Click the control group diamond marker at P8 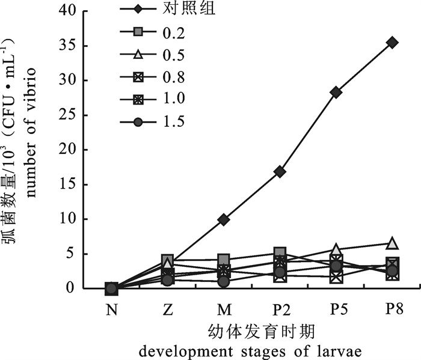click(392, 42)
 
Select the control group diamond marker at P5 click(336, 92)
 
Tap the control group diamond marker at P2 click(280, 172)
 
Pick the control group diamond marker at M click(224, 219)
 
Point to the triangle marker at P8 click(392, 243)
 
